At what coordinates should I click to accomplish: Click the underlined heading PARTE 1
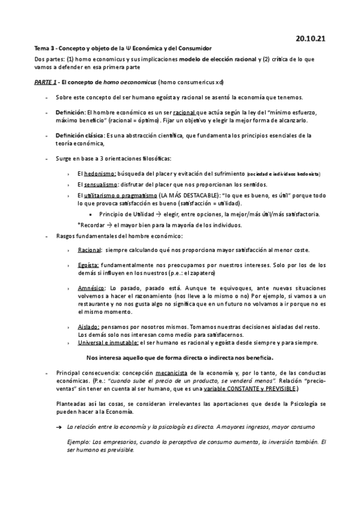44,82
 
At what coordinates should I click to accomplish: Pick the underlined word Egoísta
88,265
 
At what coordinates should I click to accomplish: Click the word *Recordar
90,225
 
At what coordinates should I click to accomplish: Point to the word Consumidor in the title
191,48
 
